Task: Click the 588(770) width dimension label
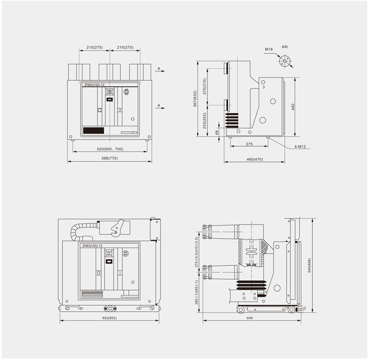tap(109, 159)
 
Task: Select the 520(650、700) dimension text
tap(110, 149)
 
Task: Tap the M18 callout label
tap(269, 49)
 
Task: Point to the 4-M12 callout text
tap(300, 147)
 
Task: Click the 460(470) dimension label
tap(255, 159)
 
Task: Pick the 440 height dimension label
tap(293, 107)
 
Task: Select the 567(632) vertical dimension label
tap(195, 99)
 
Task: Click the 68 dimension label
tap(217, 132)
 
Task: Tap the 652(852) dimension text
tap(109, 318)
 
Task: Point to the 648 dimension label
tap(250, 318)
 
